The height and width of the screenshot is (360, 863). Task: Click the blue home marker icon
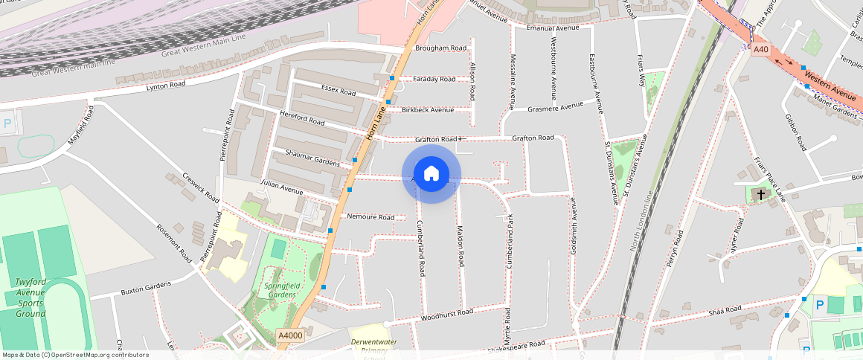pyautogui.click(x=431, y=174)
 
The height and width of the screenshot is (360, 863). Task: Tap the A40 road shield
pyautogui.click(x=760, y=49)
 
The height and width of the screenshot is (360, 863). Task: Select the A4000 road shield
pyautogui.click(x=290, y=335)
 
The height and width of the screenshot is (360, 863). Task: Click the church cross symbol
pyautogui.click(x=760, y=194)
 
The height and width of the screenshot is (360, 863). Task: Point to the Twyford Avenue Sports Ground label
pyautogui.click(x=31, y=298)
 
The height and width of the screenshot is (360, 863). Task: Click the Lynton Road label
pyautogui.click(x=165, y=86)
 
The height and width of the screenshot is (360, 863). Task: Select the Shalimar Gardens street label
pyautogui.click(x=312, y=157)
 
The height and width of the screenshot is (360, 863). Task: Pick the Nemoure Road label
pyautogui.click(x=370, y=217)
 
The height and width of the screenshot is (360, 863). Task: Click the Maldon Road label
pyautogui.click(x=461, y=246)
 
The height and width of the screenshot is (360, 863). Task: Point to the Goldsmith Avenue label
pyautogui.click(x=574, y=225)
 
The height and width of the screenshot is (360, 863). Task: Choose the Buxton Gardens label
pyautogui.click(x=146, y=287)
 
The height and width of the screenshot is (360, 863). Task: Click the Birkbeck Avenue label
pyautogui.click(x=428, y=110)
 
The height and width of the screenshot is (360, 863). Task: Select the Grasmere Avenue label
pyautogui.click(x=555, y=106)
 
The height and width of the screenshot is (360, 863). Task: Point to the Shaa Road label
pyautogui.click(x=725, y=309)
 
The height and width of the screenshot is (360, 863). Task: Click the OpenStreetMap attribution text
pyautogui.click(x=75, y=355)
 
